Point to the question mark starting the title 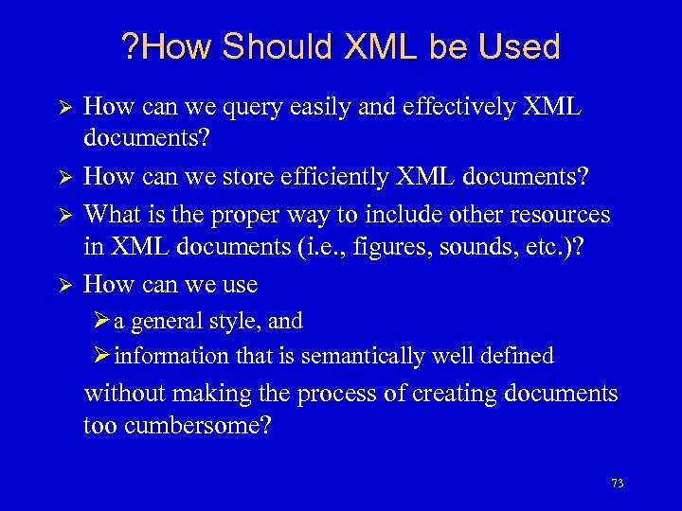pyautogui.click(x=131, y=47)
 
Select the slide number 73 pyautogui.click(x=618, y=484)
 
